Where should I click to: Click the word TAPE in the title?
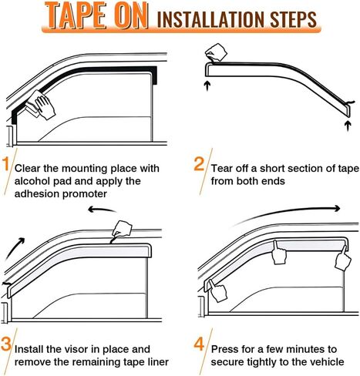click(x=76, y=15)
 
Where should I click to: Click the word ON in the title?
click(x=131, y=15)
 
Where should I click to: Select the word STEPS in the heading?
click(x=293, y=19)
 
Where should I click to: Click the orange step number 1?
click(x=5, y=164)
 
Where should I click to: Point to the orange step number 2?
click(x=199, y=164)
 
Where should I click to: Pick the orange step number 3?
click(x=6, y=344)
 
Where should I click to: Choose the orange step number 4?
click(x=199, y=344)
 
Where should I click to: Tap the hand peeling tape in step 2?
click(x=216, y=52)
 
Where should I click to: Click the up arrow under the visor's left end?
click(x=207, y=86)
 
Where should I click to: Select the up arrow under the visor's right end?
click(x=348, y=126)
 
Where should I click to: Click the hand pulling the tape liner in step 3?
click(x=122, y=228)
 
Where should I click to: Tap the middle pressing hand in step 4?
click(x=279, y=253)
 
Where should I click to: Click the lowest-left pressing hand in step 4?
click(x=218, y=290)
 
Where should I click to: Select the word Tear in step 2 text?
click(x=221, y=169)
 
